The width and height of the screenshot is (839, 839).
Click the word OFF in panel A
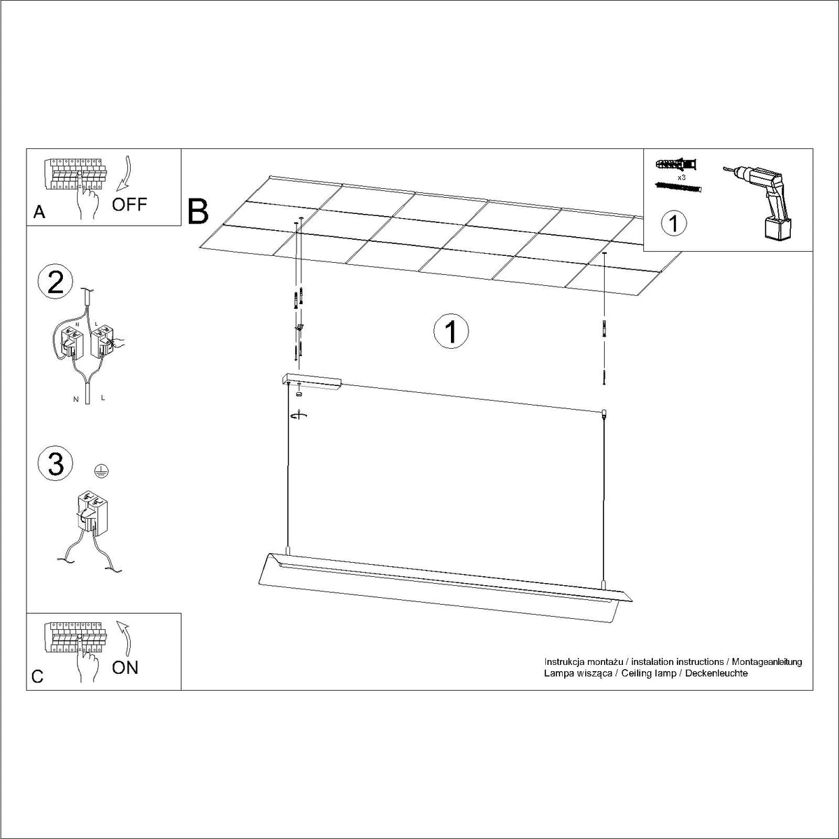point(129,204)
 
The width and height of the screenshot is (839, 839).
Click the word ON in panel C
point(125,668)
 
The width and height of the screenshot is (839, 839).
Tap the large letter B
point(198,212)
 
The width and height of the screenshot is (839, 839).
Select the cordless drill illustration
point(757,203)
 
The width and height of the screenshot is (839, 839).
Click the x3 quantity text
point(682,178)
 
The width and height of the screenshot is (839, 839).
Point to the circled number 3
point(55,464)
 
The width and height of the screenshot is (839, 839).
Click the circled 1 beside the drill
point(673,223)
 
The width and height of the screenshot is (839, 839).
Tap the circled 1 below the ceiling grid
point(451,331)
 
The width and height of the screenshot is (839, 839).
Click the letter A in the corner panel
point(39,212)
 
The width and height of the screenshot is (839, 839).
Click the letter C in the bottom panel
point(38,676)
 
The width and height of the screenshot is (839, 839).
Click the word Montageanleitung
point(767,662)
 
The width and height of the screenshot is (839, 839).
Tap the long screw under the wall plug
point(678,187)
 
